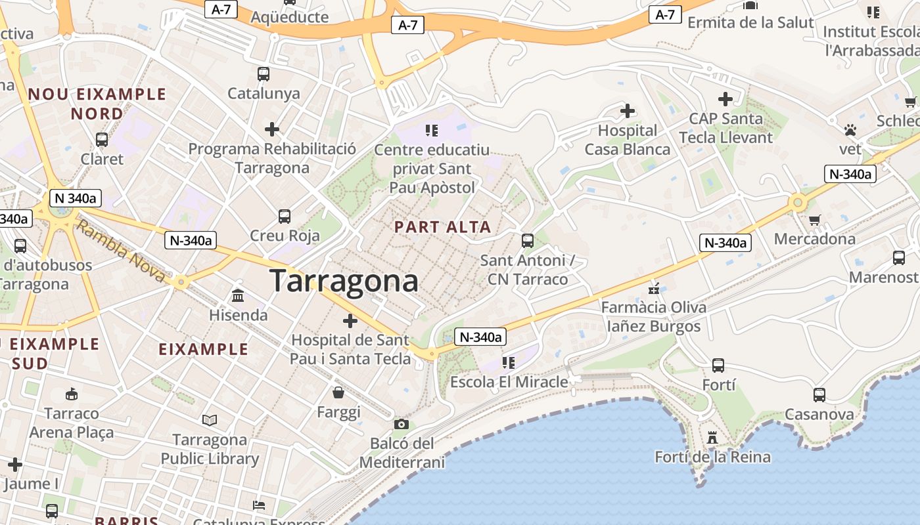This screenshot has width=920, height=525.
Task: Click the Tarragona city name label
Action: click(344, 281)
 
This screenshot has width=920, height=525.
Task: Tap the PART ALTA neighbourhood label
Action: click(442, 227)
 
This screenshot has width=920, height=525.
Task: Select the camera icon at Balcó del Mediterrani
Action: click(402, 424)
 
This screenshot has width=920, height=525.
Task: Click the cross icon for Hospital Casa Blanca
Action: click(628, 111)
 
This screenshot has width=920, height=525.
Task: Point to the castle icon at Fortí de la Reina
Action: click(712, 437)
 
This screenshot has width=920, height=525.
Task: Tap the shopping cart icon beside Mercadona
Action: click(814, 220)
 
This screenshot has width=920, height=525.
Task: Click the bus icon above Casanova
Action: click(819, 395)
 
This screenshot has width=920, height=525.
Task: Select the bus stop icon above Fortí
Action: click(718, 366)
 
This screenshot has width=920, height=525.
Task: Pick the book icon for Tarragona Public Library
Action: click(210, 420)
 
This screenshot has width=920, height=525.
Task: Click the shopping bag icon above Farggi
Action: click(338, 392)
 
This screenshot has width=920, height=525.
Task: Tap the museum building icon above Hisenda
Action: click(238, 296)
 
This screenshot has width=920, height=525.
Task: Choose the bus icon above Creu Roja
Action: click(285, 217)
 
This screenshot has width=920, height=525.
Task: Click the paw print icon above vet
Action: click(850, 130)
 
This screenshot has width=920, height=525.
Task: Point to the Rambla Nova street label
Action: click(120, 251)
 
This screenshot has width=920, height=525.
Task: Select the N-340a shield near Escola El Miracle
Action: click(481, 337)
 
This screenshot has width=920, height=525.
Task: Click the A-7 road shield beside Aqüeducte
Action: click(221, 10)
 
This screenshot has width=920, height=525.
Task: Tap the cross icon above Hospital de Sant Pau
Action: click(350, 321)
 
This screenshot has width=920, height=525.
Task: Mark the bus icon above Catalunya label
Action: click(264, 74)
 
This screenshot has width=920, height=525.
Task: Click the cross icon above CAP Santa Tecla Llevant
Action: click(725, 99)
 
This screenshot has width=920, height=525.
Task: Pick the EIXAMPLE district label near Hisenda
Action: click(204, 349)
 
